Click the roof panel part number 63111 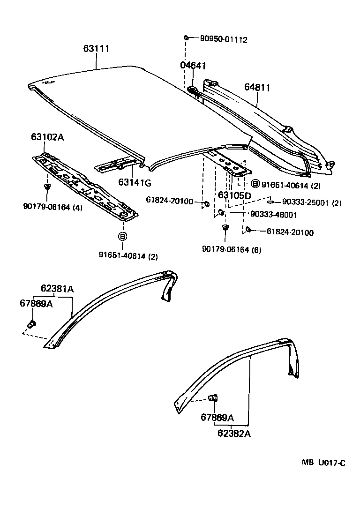coord(97,49)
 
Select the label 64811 coord(257,88)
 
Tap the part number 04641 coord(193,66)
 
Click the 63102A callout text coord(47,137)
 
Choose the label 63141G coord(135,182)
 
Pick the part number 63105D coord(234,195)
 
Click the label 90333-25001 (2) coord(312,202)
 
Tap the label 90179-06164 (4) coord(52,207)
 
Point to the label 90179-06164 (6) coord(232,249)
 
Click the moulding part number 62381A coord(57,289)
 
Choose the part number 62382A coord(234,434)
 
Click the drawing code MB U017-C coord(323,463)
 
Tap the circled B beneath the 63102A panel coord(122,237)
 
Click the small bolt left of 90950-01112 coord(186,37)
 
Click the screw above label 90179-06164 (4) coord(47,187)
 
